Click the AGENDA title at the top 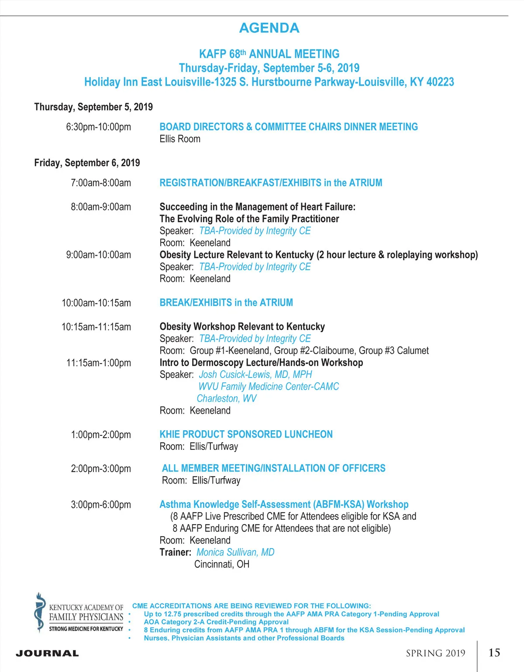pos(269,28)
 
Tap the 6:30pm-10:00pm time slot pos(98,127)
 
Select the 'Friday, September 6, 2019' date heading pos(87,163)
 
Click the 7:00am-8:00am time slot pos(101,183)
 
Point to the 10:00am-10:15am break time pos(96,303)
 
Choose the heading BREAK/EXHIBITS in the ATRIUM pos(226,303)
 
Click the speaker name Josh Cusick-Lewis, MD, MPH pos(255,374)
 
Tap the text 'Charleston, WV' pos(226,398)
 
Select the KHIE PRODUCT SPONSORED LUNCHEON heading pos(246,435)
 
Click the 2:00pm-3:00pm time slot pos(101,469)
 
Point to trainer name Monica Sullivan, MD pos(235,552)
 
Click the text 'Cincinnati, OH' pos(222,564)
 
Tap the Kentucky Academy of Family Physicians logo pos(79,613)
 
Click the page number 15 pos(494,653)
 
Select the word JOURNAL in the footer pos(47,653)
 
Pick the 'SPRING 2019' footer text pos(435,653)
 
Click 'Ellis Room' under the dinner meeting pos(180,139)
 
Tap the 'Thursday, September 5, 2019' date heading pos(93,107)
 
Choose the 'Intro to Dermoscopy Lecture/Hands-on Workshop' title pos(261,363)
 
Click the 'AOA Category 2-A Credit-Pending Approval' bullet pos(216,622)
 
